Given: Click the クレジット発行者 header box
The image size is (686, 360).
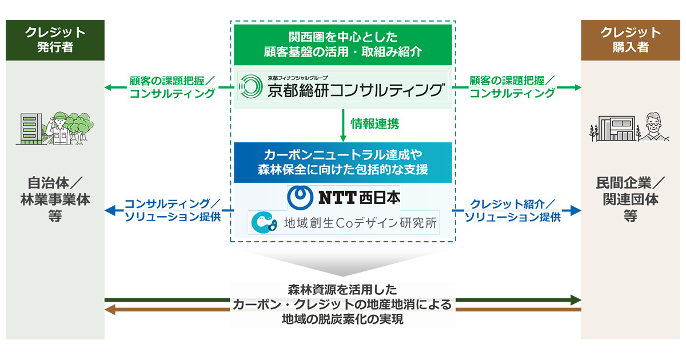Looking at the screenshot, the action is click(55, 40).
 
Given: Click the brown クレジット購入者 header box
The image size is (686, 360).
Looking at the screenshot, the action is click(630, 40).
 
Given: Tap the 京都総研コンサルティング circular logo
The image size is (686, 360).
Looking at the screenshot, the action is click(250, 87).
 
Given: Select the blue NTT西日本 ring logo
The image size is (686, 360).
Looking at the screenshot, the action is click(300, 198).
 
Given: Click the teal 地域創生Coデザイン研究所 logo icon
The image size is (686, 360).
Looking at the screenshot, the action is click(264, 222).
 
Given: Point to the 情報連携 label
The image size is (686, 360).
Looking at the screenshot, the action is click(375, 124).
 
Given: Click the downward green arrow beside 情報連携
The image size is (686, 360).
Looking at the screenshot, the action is click(343, 126).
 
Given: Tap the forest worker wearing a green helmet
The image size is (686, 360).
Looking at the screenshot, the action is click(59, 128).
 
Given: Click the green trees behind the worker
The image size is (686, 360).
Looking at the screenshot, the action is click(80, 126).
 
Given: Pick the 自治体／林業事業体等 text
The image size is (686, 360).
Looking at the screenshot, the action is click(55, 199).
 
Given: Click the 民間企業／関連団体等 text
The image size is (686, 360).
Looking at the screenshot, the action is click(630, 199).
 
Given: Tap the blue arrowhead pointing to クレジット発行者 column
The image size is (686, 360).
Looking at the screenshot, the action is click(110, 210).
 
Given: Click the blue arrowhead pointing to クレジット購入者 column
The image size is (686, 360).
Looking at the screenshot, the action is click(575, 210).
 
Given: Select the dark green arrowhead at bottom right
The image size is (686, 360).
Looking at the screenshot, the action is click(576, 300).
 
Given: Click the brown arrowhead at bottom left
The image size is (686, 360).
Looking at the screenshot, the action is click(110, 310).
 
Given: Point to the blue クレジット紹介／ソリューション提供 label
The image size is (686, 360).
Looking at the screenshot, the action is click(513, 210).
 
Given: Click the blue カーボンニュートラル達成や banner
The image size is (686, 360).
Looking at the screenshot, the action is click(343, 162).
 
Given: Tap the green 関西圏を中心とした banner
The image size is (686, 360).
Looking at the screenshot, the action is click(343, 45).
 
